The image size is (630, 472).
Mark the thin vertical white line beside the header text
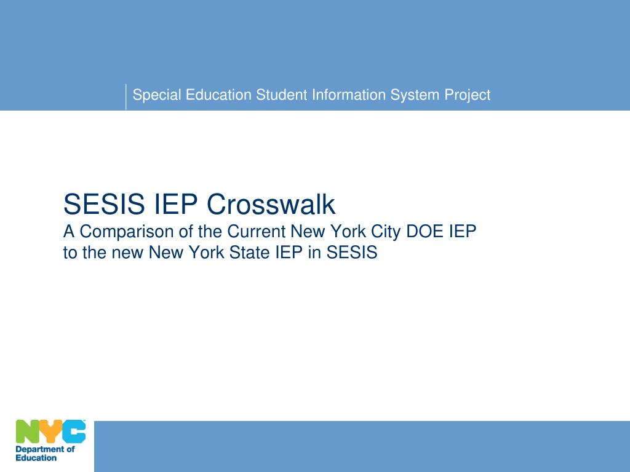tap(126, 96)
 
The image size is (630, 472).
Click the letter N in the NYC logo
tap(28, 431)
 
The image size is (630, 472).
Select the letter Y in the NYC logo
tap(51, 431)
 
